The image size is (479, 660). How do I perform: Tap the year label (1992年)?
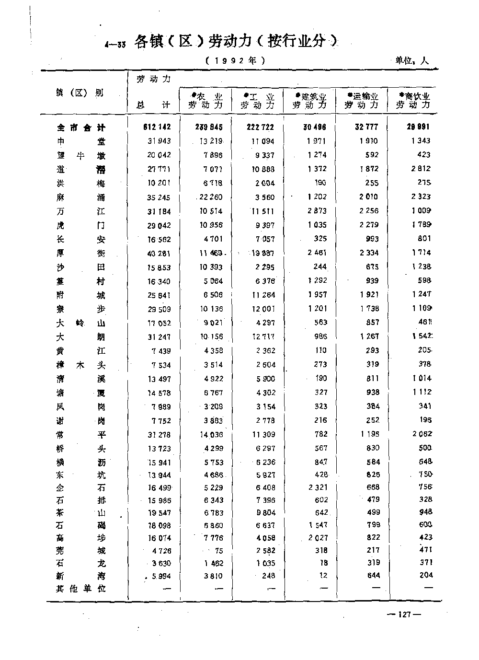tap(235, 61)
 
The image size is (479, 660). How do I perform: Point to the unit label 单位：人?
tap(411, 61)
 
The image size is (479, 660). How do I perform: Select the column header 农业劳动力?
tap(206, 101)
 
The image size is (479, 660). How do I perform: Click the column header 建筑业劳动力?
tap(310, 101)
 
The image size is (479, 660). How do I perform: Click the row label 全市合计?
tap(81, 127)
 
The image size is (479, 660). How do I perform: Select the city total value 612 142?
tap(157, 127)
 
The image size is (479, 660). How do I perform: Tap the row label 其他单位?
tap(81, 589)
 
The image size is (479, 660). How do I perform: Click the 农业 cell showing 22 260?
tap(211, 197)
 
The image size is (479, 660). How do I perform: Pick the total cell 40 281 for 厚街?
tap(158, 253)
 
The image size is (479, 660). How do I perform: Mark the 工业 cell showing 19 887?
tap(263, 253)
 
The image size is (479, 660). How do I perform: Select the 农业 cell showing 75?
tap(218, 551)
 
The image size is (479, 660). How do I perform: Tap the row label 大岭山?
tap(81, 323)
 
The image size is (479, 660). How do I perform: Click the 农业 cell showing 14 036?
tap(211, 435)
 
